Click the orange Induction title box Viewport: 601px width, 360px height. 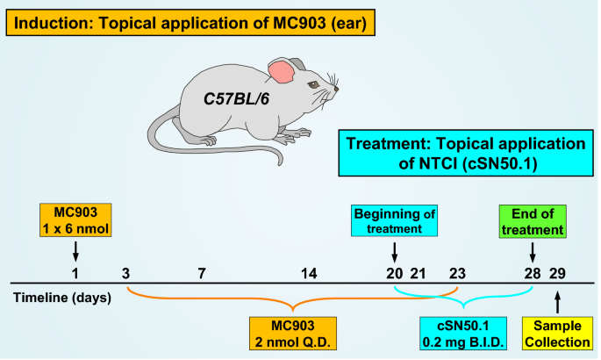pos(190,21)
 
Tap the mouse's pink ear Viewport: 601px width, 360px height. pos(282,71)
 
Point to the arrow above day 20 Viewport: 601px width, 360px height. pos(394,252)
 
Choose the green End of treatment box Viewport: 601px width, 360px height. pos(532,221)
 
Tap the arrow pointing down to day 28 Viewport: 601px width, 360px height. pos(533,252)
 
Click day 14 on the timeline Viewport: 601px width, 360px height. pos(309,273)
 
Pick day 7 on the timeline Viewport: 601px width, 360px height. pos(201,273)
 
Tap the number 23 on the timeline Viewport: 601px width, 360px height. pos(457,273)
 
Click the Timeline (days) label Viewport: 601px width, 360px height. pos(61,297)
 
